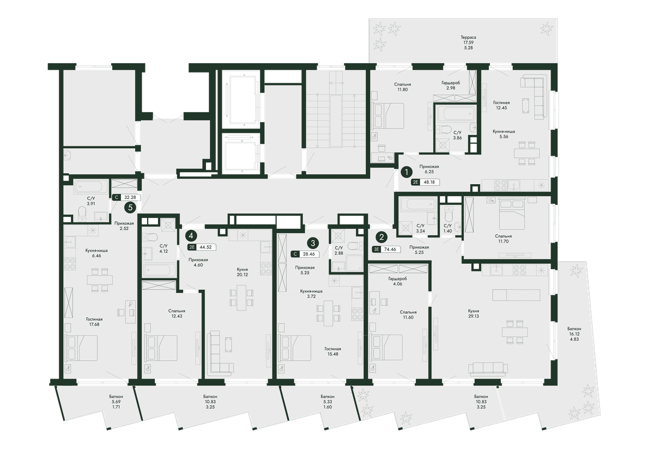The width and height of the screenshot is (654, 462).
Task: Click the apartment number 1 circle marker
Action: point(407,172)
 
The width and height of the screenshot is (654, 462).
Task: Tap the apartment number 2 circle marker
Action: point(381,237)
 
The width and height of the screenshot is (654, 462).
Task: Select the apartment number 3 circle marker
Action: point(313,243)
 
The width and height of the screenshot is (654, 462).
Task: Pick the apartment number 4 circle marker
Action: point(191,235)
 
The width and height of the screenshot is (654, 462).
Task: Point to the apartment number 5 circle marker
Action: point(130,208)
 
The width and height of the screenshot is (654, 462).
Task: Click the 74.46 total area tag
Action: point(386,249)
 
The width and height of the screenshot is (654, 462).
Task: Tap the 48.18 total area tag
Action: point(425,182)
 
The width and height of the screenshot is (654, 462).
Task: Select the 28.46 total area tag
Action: point(305,254)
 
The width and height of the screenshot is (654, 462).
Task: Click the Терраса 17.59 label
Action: point(468,40)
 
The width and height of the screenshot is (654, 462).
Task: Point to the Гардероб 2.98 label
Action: point(451,85)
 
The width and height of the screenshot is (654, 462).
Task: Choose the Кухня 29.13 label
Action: point(473,313)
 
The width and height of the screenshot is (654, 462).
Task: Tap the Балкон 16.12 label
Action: point(574,331)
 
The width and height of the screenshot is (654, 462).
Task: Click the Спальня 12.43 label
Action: point(177,313)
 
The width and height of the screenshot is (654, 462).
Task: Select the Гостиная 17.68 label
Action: point(94,321)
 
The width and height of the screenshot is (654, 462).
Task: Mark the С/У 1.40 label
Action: point(447,228)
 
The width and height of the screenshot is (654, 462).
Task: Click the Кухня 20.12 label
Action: point(243,272)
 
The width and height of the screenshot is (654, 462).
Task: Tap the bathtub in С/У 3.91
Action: point(91,187)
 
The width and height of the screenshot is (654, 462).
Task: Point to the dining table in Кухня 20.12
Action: point(241,297)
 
